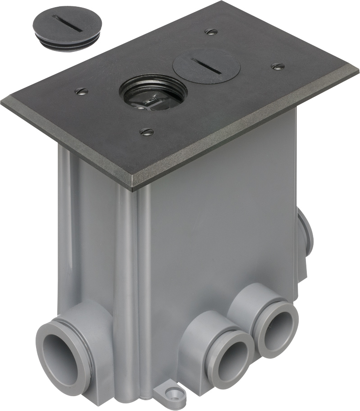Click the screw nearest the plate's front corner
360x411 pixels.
146,132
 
